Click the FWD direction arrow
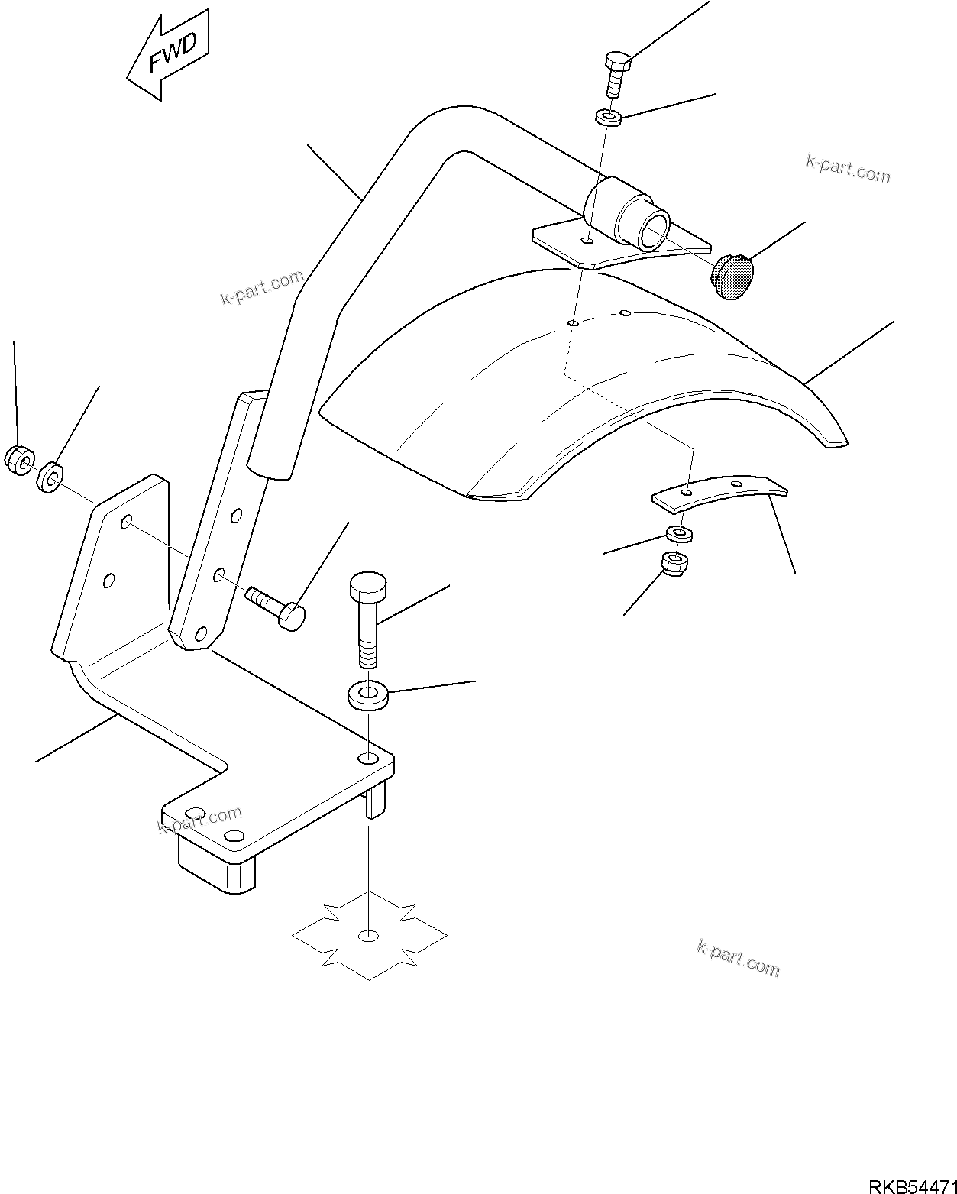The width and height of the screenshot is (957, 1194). click(168, 55)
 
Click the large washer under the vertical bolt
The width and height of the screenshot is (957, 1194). click(368, 696)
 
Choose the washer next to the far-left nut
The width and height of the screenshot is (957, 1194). click(50, 478)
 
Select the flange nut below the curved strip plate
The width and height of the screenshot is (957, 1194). click(677, 563)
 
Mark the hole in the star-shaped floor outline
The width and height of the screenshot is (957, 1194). click(369, 936)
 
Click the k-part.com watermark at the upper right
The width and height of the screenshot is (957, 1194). click(848, 169)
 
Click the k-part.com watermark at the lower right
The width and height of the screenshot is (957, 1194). click(739, 958)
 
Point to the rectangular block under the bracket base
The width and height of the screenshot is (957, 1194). click(215, 865)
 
